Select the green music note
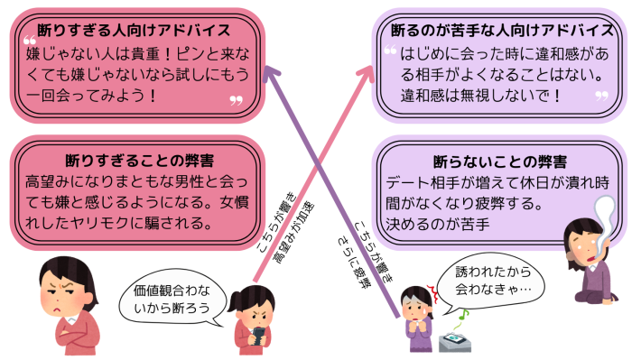coord(462,316)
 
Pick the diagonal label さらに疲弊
coord(355,255)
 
